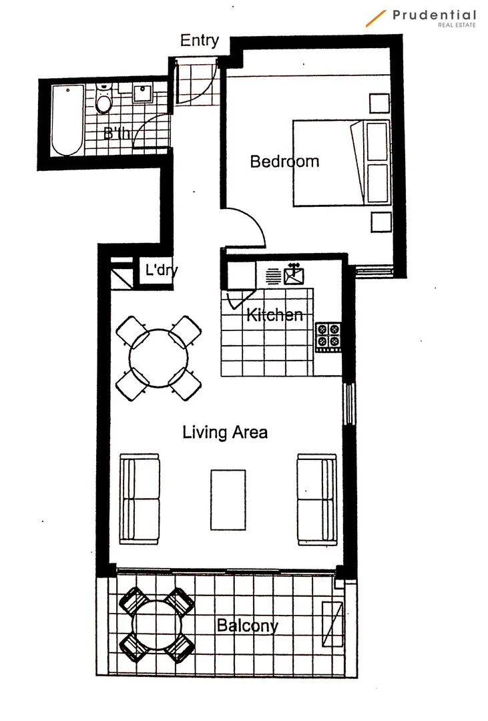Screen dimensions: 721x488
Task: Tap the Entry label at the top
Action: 199,40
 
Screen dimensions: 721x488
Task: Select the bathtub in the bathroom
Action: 67,120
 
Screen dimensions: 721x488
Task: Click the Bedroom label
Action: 284,161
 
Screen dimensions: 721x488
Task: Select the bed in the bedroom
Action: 340,163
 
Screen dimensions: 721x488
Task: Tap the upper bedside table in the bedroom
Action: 380,103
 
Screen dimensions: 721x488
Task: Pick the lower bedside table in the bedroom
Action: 380,221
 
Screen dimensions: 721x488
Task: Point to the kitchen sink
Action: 294,275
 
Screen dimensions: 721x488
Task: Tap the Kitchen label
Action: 274,314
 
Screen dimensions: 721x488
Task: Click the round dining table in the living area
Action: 158,357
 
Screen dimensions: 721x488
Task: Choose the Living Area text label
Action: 225,432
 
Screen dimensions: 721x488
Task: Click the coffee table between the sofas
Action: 228,499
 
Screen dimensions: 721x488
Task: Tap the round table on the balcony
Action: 158,624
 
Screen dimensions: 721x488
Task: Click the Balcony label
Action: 246,626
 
